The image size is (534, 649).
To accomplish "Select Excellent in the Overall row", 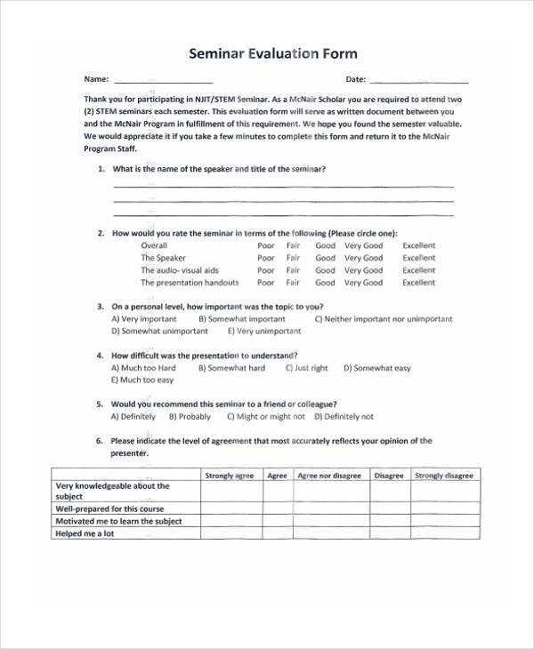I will (418, 245).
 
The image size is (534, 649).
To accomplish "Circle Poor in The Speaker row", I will (266, 258).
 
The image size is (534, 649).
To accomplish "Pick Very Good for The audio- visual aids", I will (363, 270).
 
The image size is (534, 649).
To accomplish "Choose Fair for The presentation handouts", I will (293, 283).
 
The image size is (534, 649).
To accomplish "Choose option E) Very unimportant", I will (264, 331).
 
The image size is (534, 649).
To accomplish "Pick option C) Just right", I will (306, 368).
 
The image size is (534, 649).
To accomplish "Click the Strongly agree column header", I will (230, 476).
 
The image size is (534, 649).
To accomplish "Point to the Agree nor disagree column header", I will (329, 476).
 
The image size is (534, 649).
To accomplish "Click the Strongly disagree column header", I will (443, 476).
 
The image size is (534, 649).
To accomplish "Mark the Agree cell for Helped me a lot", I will (277, 533).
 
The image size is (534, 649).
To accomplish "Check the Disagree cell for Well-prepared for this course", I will (389, 509).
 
